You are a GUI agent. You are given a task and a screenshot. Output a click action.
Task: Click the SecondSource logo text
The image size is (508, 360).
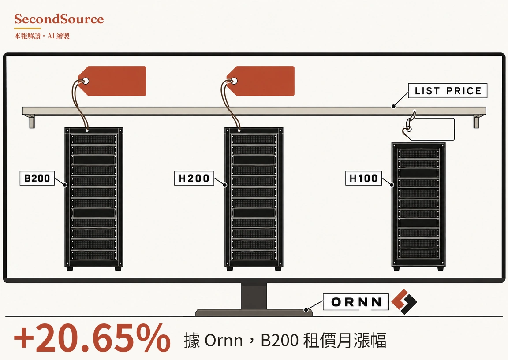tap(59, 19)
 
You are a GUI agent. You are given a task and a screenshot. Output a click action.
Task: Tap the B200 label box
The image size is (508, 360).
tap(37, 178)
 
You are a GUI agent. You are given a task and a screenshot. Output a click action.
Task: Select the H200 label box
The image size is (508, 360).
tap(194, 178)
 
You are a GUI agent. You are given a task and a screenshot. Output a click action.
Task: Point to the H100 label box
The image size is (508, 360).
tap(363, 178)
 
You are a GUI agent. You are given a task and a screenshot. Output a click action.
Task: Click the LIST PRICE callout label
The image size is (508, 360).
tap(448, 91)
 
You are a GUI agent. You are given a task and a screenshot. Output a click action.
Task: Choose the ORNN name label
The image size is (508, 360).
tap(356, 302)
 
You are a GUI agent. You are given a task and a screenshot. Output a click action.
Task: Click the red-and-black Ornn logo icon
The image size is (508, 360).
tap(404, 302)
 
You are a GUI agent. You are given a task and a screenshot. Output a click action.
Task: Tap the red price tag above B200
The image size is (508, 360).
tap(112, 81)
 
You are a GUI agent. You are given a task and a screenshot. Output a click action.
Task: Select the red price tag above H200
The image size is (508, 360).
tap(261, 81)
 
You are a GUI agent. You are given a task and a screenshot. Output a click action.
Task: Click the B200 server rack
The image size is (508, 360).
tap(94, 199)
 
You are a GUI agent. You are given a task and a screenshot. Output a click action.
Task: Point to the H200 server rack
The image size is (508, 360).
tap(254, 199)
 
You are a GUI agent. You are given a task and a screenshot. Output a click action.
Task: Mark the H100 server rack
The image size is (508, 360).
tap(418, 207)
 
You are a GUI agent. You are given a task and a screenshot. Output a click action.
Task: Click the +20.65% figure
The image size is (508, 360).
tap(92, 339)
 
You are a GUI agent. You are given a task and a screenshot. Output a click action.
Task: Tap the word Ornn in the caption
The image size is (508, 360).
tap(224, 341)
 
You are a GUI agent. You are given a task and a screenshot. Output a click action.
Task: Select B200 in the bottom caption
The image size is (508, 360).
tap(279, 341)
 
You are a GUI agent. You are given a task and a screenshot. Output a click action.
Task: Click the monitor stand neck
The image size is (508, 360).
tap(254, 296)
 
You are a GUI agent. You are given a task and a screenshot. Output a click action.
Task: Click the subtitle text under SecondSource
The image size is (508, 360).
tap(42, 36)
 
